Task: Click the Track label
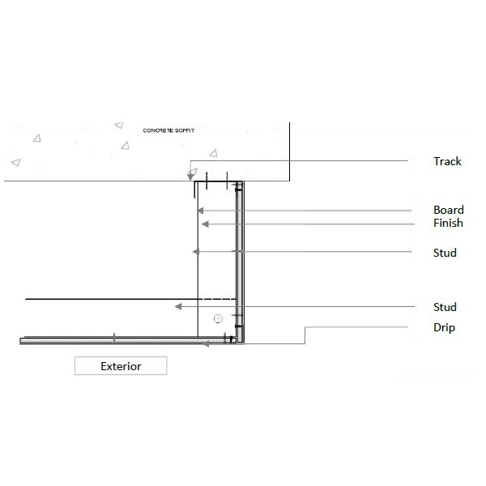click(447, 161)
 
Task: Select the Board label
click(449, 210)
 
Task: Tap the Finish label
click(448, 223)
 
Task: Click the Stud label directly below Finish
click(445, 253)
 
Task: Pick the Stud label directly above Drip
click(445, 307)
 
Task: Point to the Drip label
click(444, 327)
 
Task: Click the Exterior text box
click(121, 366)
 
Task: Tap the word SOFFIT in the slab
click(185, 130)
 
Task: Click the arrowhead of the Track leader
click(190, 177)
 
